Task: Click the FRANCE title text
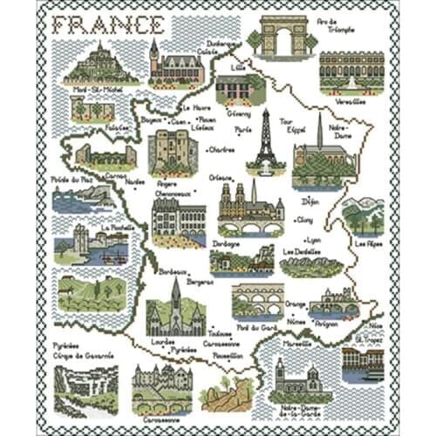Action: pos(107,24)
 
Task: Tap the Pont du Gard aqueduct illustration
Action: pos(257,301)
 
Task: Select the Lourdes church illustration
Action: pos(175,310)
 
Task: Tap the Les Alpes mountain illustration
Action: pos(362,215)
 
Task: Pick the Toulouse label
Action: pos(220,333)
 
